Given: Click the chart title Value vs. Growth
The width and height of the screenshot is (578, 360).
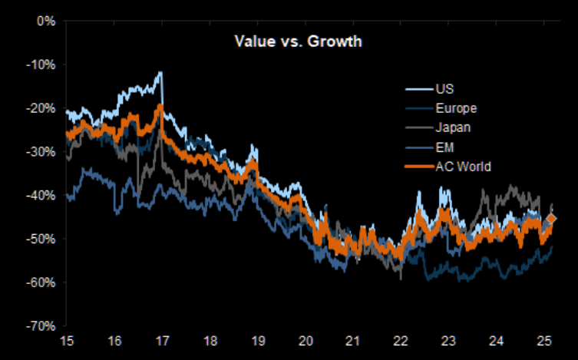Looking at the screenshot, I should [x=298, y=41].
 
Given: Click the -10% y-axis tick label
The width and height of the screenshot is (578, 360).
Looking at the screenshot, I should [x=41, y=64].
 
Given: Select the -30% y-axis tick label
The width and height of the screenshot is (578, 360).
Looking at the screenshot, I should [x=41, y=151].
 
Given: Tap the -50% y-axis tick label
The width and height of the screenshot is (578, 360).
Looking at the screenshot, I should [x=41, y=239].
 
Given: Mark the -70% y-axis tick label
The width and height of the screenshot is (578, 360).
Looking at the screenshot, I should [x=41, y=325].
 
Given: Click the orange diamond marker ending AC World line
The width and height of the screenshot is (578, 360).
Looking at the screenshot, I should [x=551, y=220].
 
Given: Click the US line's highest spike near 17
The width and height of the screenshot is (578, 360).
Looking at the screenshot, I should [x=160, y=73].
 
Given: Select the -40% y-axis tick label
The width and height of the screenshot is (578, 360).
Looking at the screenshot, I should [x=41, y=195].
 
